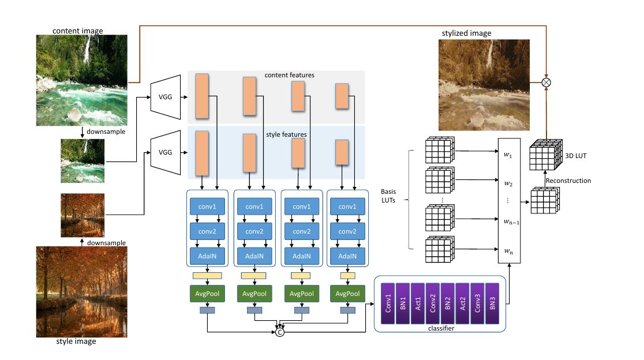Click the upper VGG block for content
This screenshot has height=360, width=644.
click(x=166, y=97)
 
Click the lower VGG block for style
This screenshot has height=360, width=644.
click(x=166, y=152)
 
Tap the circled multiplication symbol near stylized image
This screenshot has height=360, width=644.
click(x=546, y=82)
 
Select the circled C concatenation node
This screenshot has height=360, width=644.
click(x=279, y=332)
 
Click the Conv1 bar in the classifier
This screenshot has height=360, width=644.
click(x=388, y=303)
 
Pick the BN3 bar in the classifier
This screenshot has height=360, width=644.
click(x=492, y=303)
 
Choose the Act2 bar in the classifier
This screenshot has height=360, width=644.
click(x=462, y=303)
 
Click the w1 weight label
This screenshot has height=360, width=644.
click(x=508, y=155)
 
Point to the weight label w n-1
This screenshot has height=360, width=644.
click(x=511, y=222)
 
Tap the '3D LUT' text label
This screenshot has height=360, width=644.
click(x=575, y=156)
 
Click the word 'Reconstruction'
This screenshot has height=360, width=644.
click(x=568, y=181)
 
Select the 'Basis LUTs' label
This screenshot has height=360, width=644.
click(x=388, y=196)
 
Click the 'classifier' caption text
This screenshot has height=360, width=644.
click(x=441, y=328)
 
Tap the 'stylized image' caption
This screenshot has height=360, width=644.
click(x=467, y=33)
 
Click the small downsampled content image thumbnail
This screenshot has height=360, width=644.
click(x=83, y=161)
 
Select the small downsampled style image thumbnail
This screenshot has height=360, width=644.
click(x=83, y=215)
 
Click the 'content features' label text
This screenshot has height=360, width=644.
click(x=290, y=75)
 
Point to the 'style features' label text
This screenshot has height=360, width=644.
click(x=286, y=134)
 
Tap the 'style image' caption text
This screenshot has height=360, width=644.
click(x=76, y=342)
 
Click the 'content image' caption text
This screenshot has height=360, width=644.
click(x=78, y=31)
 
